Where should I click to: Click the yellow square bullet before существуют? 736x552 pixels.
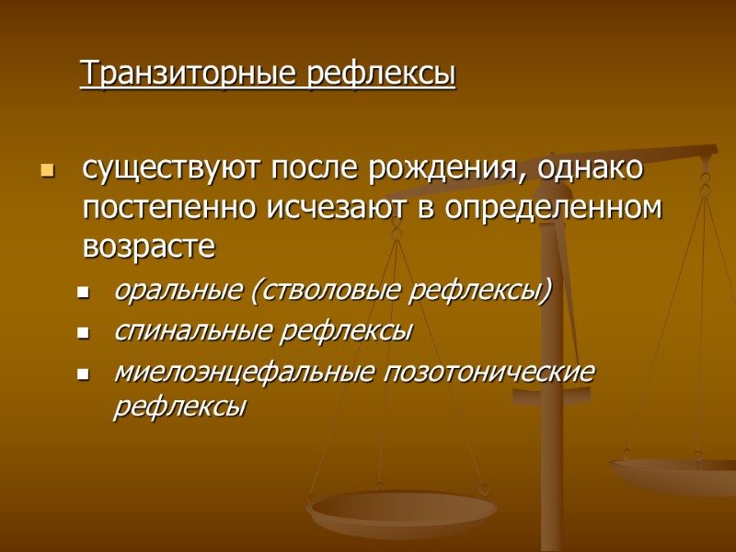tap(48, 171)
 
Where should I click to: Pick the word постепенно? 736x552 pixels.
tap(171, 208)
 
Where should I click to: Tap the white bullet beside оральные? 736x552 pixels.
tap(84, 294)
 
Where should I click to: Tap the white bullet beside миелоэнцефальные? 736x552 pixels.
tap(84, 374)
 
